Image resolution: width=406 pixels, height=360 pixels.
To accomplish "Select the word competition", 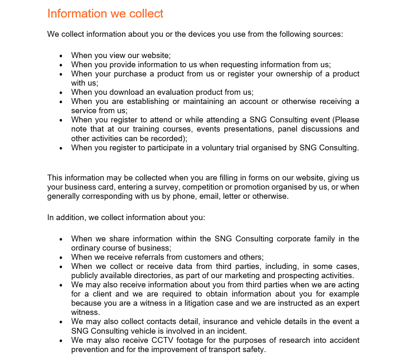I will (x=203, y=187).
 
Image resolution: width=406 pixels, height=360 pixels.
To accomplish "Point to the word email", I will (x=208, y=196).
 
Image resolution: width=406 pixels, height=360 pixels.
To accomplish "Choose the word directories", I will (x=152, y=276).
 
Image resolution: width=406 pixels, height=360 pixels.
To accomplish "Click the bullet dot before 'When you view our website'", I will (x=61, y=56).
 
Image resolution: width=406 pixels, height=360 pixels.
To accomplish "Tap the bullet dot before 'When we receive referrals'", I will (x=61, y=258).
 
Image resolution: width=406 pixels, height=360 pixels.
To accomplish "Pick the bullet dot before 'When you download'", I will (x=61, y=93).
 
